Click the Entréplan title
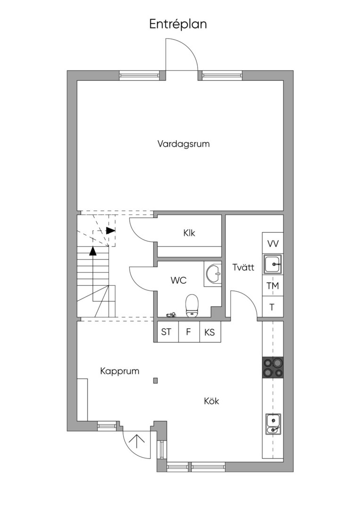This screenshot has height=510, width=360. click(178, 25)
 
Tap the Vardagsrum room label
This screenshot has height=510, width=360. click(184, 144)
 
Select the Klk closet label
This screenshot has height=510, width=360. click(189, 233)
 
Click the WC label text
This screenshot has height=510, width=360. click(179, 280)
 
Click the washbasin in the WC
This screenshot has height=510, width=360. click(213, 273)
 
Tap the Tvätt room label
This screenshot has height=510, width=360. click(243, 267)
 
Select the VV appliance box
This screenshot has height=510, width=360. click(273, 243)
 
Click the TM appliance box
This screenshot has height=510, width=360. click(273, 286)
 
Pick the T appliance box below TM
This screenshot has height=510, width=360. click(273, 307)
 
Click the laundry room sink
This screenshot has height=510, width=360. click(273, 264)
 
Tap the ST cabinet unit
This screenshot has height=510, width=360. click(166, 332)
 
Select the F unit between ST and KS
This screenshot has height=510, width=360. click(188, 332)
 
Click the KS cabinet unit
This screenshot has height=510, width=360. click(210, 332)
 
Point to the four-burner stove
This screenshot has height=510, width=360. click(273, 367)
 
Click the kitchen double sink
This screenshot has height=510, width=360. click(273, 424)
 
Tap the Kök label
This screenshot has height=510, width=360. click(211, 401)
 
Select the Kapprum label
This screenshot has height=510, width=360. click(119, 371)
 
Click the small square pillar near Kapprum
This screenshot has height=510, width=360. click(156, 380)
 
